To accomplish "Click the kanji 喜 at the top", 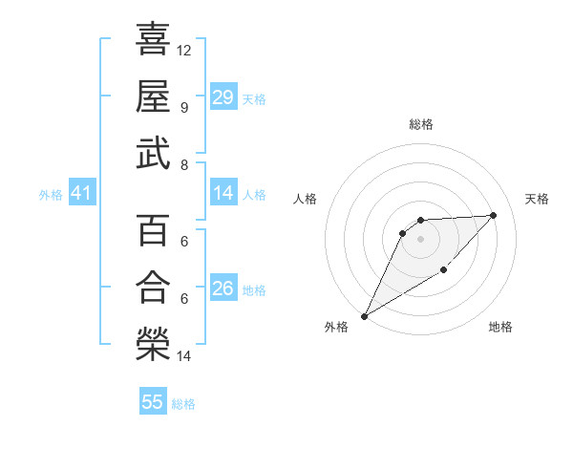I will point(153,39).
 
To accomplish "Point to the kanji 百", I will point(153,230).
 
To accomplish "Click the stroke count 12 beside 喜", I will point(184,50).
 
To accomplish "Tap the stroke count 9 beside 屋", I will point(183,107).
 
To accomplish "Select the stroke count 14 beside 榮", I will point(184,356).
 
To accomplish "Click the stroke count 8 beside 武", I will point(183,164).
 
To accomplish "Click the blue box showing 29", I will point(223,97).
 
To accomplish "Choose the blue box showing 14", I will point(223,193).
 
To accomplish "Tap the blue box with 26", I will point(223,288).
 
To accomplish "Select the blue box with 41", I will point(81,194).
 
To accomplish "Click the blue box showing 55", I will point(153,402).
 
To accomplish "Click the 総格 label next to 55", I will point(183,404).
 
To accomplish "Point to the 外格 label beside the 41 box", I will point(51,195).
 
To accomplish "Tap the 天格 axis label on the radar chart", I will point(538,199).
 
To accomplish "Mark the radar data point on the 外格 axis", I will point(364,316).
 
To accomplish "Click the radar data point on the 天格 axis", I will point(493,215).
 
